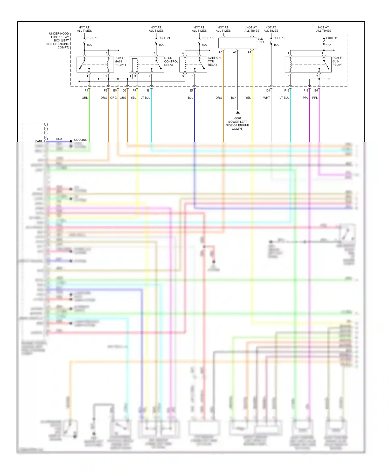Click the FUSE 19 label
click(x=92, y=38)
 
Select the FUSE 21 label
click(x=164, y=38)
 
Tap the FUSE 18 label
click(x=207, y=38)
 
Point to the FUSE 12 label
click(x=279, y=38)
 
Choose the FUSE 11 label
click(x=332, y=38)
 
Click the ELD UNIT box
click(x=238, y=43)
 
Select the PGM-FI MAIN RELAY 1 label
click(x=120, y=61)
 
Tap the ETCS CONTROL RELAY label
click(x=171, y=61)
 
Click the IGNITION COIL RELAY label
click(x=214, y=61)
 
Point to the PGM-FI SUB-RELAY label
click(x=337, y=61)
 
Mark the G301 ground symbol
click(x=238, y=113)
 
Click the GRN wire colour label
click(x=85, y=98)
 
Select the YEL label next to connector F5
click(x=133, y=98)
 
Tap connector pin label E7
click(x=191, y=90)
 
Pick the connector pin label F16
click(x=287, y=90)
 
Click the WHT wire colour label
click(x=267, y=98)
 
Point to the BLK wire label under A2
click(x=234, y=98)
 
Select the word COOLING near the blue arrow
click(x=81, y=140)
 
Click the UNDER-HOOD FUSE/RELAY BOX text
click(x=58, y=40)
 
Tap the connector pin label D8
click(x=268, y=90)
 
